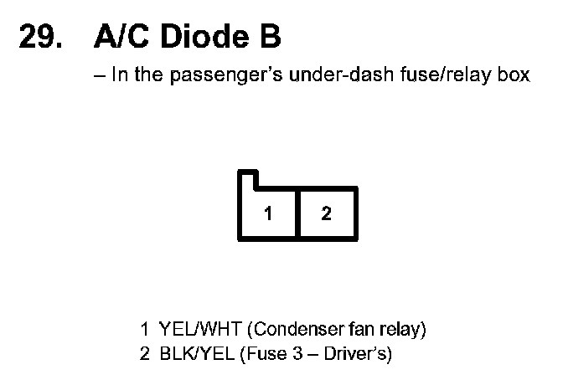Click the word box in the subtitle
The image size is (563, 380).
coord(514,75)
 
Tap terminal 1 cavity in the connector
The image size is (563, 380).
coord(268,214)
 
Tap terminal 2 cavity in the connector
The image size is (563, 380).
coord(327,214)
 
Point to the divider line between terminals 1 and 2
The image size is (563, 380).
coord(297,214)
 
